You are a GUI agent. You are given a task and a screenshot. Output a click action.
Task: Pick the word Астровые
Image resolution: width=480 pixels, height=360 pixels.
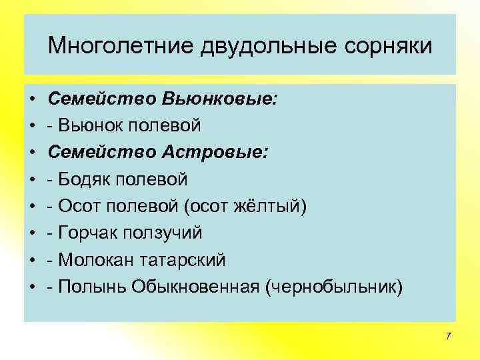pyautogui.click(x=214, y=152)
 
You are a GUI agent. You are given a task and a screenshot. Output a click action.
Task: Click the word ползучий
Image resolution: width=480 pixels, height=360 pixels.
pyautogui.click(x=164, y=233)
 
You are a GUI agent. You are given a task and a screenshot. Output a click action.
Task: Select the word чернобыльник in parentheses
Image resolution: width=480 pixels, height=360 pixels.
pyautogui.click(x=333, y=286)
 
